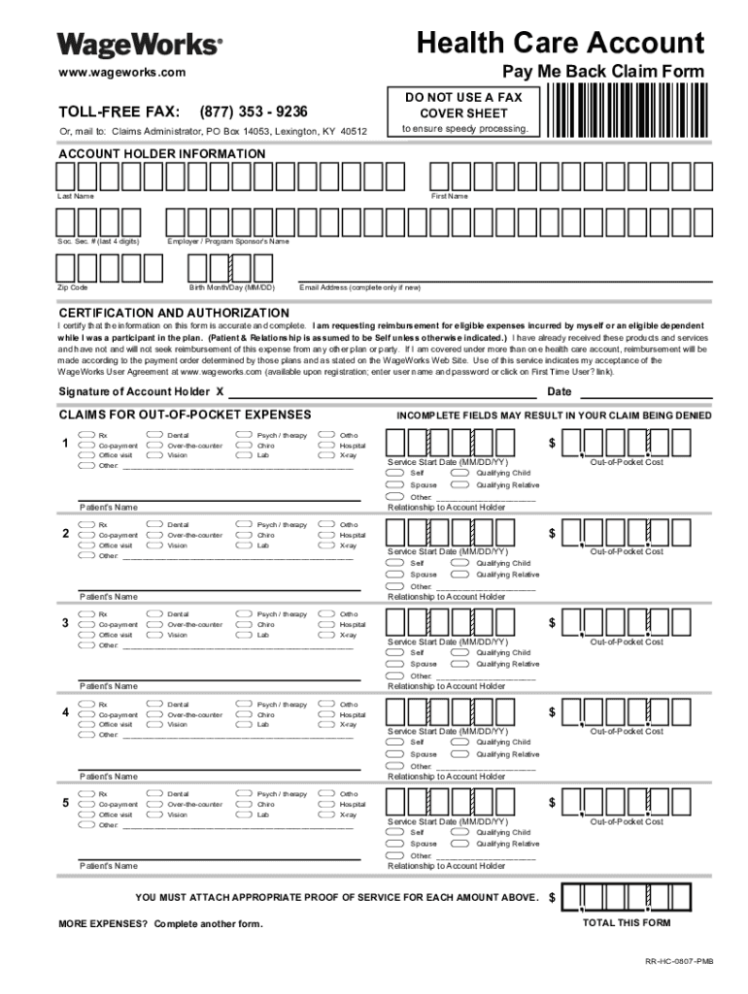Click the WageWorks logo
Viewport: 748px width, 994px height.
point(140,45)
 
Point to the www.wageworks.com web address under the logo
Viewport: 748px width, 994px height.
point(115,73)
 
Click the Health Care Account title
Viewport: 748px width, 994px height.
point(560,43)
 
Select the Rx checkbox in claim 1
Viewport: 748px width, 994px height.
point(86,434)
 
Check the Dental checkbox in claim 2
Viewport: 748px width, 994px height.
point(154,524)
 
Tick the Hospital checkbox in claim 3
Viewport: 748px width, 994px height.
point(326,624)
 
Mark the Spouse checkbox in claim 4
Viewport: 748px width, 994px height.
point(394,753)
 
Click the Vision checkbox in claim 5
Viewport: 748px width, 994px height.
point(154,814)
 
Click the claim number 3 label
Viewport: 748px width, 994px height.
point(65,623)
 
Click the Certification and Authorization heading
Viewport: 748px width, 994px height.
point(174,313)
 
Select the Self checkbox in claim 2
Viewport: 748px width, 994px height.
point(394,563)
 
